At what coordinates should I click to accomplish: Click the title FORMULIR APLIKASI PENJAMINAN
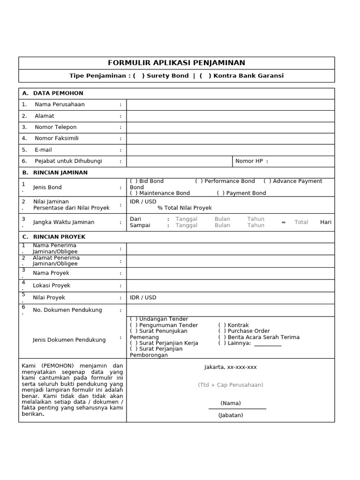[x=176, y=63]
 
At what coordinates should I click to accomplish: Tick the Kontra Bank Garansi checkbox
[x=205, y=75]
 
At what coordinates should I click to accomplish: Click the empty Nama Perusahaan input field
[x=230, y=105]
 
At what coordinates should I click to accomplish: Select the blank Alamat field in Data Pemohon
[x=230, y=116]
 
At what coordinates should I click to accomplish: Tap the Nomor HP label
[x=252, y=161]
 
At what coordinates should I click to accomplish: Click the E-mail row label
[x=43, y=150]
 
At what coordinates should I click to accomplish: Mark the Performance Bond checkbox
[x=199, y=181]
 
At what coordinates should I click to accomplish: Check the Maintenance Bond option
[x=134, y=193]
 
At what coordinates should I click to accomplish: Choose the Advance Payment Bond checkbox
[x=267, y=181]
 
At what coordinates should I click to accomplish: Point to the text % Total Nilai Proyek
[x=185, y=208]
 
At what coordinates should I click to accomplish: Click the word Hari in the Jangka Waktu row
[x=325, y=222]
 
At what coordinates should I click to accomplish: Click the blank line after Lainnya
[x=268, y=344]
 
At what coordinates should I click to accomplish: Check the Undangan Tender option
[x=134, y=319]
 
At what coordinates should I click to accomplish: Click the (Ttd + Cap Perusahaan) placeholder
[x=230, y=385]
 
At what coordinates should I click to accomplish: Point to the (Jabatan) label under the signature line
[x=230, y=415]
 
